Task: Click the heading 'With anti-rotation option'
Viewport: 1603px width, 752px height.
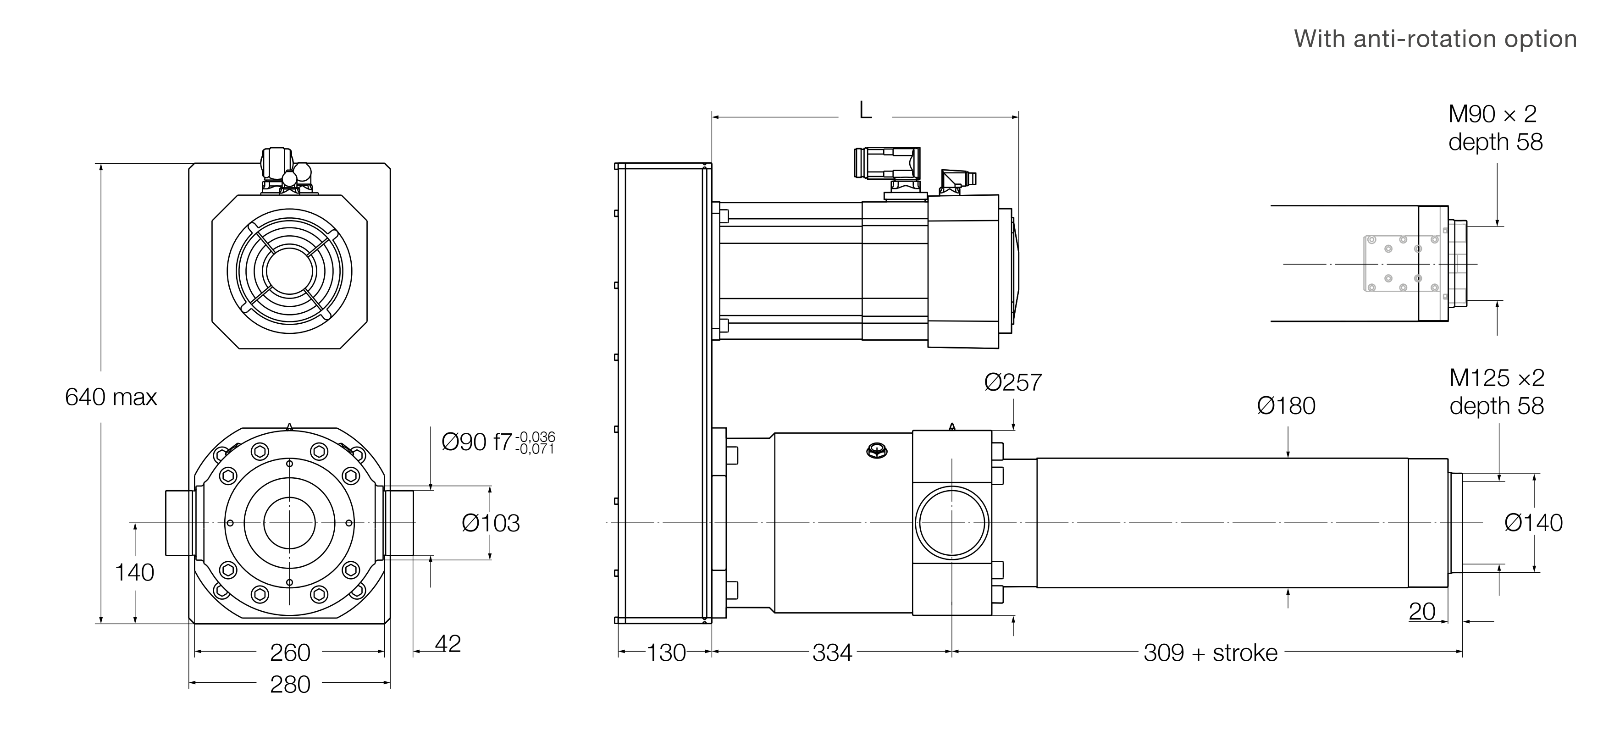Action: point(1435,39)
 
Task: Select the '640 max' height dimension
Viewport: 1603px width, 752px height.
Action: point(111,397)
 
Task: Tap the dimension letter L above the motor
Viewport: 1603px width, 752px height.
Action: point(865,111)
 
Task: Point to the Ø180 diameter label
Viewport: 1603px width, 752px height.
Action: point(1286,406)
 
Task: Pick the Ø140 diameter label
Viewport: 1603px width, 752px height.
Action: point(1533,523)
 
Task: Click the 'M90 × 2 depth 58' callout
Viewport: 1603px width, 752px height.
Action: point(1495,127)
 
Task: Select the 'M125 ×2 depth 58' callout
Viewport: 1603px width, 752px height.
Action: point(1497,392)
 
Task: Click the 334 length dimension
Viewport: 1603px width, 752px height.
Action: point(832,653)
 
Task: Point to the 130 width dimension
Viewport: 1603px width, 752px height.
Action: point(666,653)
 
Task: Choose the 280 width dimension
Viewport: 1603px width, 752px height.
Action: point(290,685)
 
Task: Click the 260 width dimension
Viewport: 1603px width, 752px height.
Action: point(290,653)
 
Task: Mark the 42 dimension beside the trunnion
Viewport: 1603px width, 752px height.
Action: point(448,644)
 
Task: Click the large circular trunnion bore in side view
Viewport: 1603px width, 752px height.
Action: point(952,523)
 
